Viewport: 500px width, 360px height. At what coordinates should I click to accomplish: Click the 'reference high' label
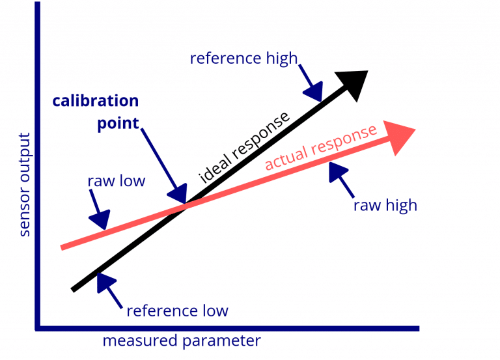(243, 59)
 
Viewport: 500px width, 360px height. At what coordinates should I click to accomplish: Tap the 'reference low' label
(177, 311)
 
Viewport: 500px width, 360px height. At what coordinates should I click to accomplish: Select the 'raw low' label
(116, 181)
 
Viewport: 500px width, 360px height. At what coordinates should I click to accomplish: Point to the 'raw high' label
(385, 206)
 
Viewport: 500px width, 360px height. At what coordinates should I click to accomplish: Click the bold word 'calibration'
(96, 102)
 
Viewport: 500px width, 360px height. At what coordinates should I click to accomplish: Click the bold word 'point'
(118, 124)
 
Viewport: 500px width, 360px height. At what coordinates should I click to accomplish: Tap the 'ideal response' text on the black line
(243, 147)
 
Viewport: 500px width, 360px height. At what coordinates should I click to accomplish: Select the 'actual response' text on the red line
(320, 146)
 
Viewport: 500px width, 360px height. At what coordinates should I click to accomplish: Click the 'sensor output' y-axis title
(25, 184)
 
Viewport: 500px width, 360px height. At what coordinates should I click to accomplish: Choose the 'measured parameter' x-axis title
(182, 341)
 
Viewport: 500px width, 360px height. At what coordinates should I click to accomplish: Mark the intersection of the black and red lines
(185, 206)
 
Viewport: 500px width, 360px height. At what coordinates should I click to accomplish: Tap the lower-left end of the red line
(62, 246)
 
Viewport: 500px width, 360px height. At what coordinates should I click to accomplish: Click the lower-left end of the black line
(74, 289)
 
